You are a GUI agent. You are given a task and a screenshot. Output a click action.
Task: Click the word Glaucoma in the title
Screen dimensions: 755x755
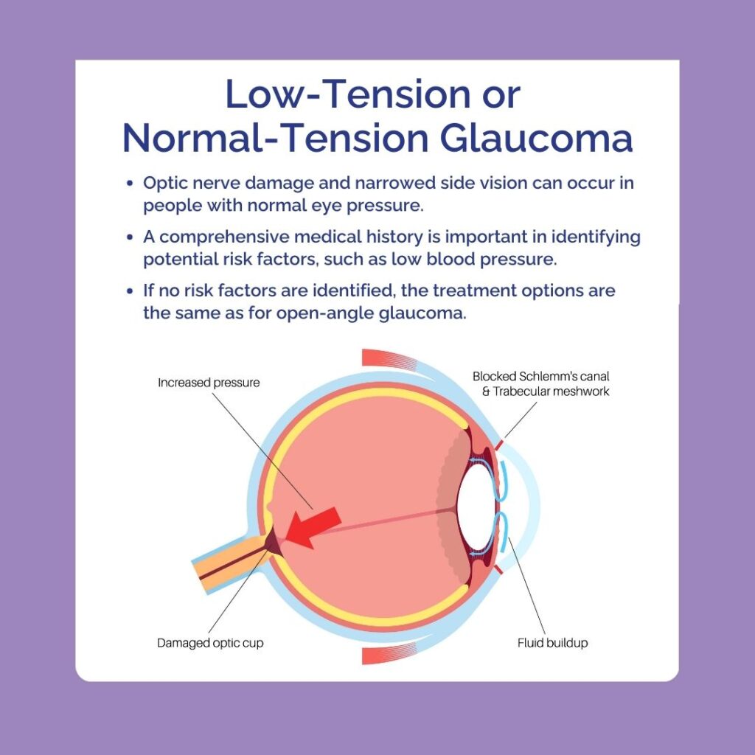point(536,139)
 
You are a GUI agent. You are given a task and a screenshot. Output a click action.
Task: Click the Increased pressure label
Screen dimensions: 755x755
point(209,383)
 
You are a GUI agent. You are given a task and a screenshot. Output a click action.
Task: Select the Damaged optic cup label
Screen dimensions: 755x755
point(210,643)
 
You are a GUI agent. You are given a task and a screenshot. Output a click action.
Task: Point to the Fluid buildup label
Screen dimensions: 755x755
point(552,643)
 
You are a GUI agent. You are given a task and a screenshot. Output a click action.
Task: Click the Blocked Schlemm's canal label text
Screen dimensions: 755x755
point(540,376)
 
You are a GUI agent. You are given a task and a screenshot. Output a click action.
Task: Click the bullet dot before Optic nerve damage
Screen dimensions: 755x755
point(129,184)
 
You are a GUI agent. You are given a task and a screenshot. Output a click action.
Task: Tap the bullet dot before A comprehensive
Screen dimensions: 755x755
point(129,237)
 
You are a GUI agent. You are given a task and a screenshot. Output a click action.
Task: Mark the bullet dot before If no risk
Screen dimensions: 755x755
point(129,291)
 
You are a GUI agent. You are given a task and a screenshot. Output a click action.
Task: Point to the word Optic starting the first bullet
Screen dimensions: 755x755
point(164,184)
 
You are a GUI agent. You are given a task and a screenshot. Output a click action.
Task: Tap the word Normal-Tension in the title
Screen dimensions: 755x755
point(276,139)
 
